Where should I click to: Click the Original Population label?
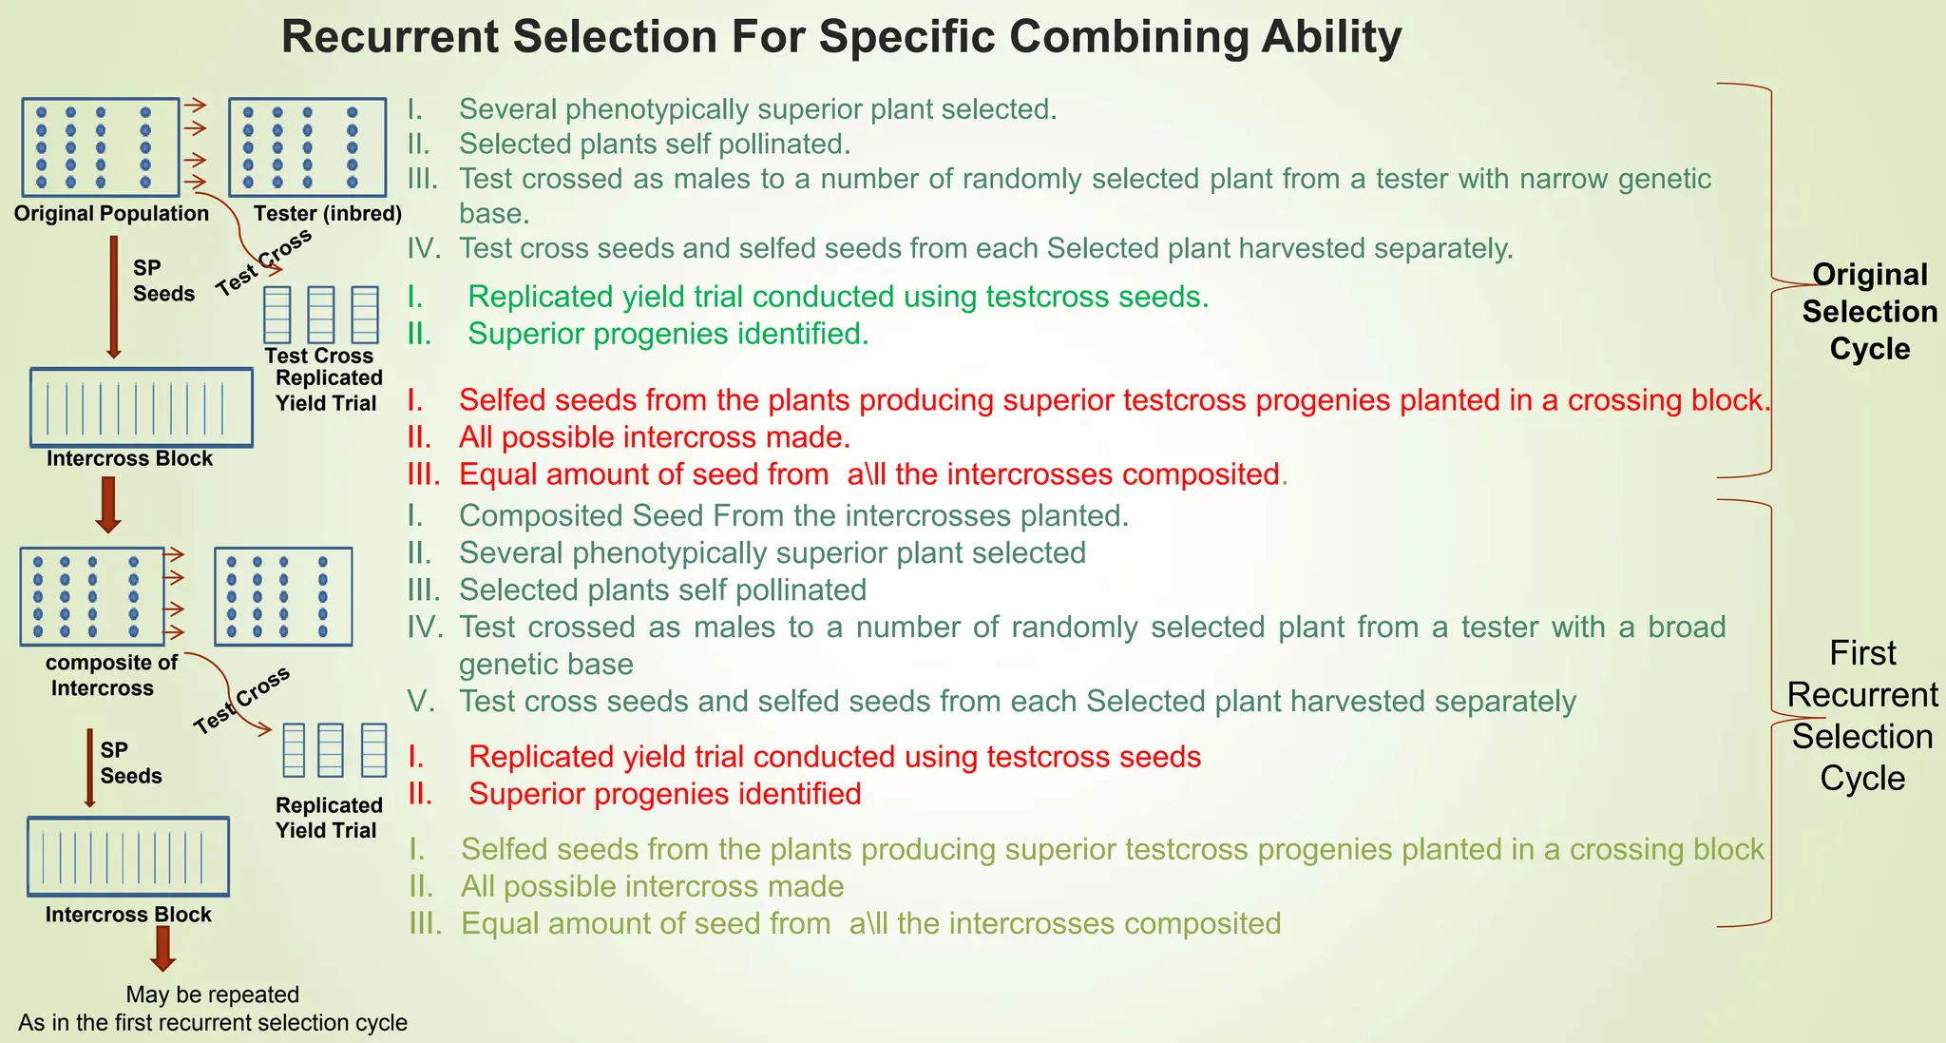[x=111, y=214]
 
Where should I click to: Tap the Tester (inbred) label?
[x=328, y=214]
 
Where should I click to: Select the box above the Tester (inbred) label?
[x=307, y=147]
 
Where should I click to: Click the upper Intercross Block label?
[x=129, y=459]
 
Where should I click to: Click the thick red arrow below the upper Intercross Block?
[x=108, y=504]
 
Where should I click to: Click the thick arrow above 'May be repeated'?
[x=162, y=948]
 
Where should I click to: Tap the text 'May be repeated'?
[x=212, y=995]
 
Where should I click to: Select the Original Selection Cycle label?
[x=1869, y=312]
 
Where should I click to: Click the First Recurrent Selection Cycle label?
[x=1862, y=715]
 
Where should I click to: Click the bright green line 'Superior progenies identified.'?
[x=668, y=334]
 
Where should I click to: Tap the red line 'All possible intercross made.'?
[x=654, y=437]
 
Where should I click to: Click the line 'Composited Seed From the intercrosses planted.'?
[x=793, y=516]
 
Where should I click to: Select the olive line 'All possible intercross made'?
[x=652, y=887]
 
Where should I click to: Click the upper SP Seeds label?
[x=162, y=280]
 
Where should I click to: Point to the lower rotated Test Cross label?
[x=241, y=702]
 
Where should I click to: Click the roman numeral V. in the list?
[x=421, y=702]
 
